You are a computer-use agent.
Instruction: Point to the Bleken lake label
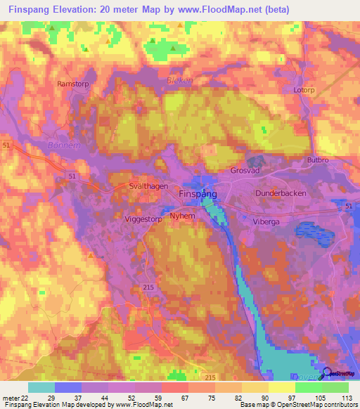click(179, 81)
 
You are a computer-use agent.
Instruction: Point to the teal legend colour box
click(41, 387)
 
